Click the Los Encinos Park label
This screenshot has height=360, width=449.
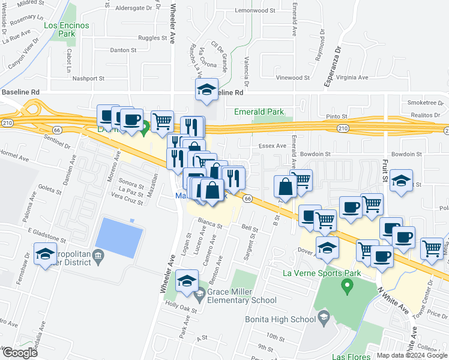point(66,30)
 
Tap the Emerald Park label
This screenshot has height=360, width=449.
point(258,112)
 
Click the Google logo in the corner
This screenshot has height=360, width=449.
point(20,353)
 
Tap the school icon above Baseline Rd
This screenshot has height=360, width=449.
point(206,90)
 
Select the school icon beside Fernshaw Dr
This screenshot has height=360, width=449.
point(45,254)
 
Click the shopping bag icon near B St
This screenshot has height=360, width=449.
point(285,187)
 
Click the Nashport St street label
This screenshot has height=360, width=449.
point(88,78)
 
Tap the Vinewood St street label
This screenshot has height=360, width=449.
point(292,77)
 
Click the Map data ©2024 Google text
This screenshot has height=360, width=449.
point(411,355)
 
